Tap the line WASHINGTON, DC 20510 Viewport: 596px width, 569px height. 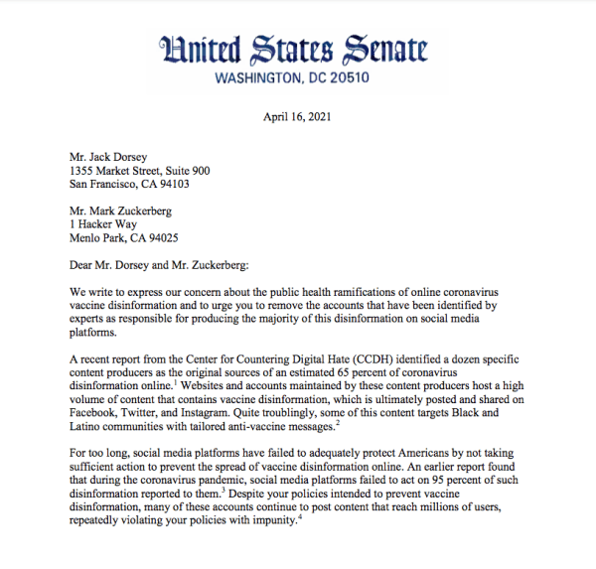(x=298, y=77)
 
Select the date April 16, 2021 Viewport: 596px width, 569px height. (x=298, y=115)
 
